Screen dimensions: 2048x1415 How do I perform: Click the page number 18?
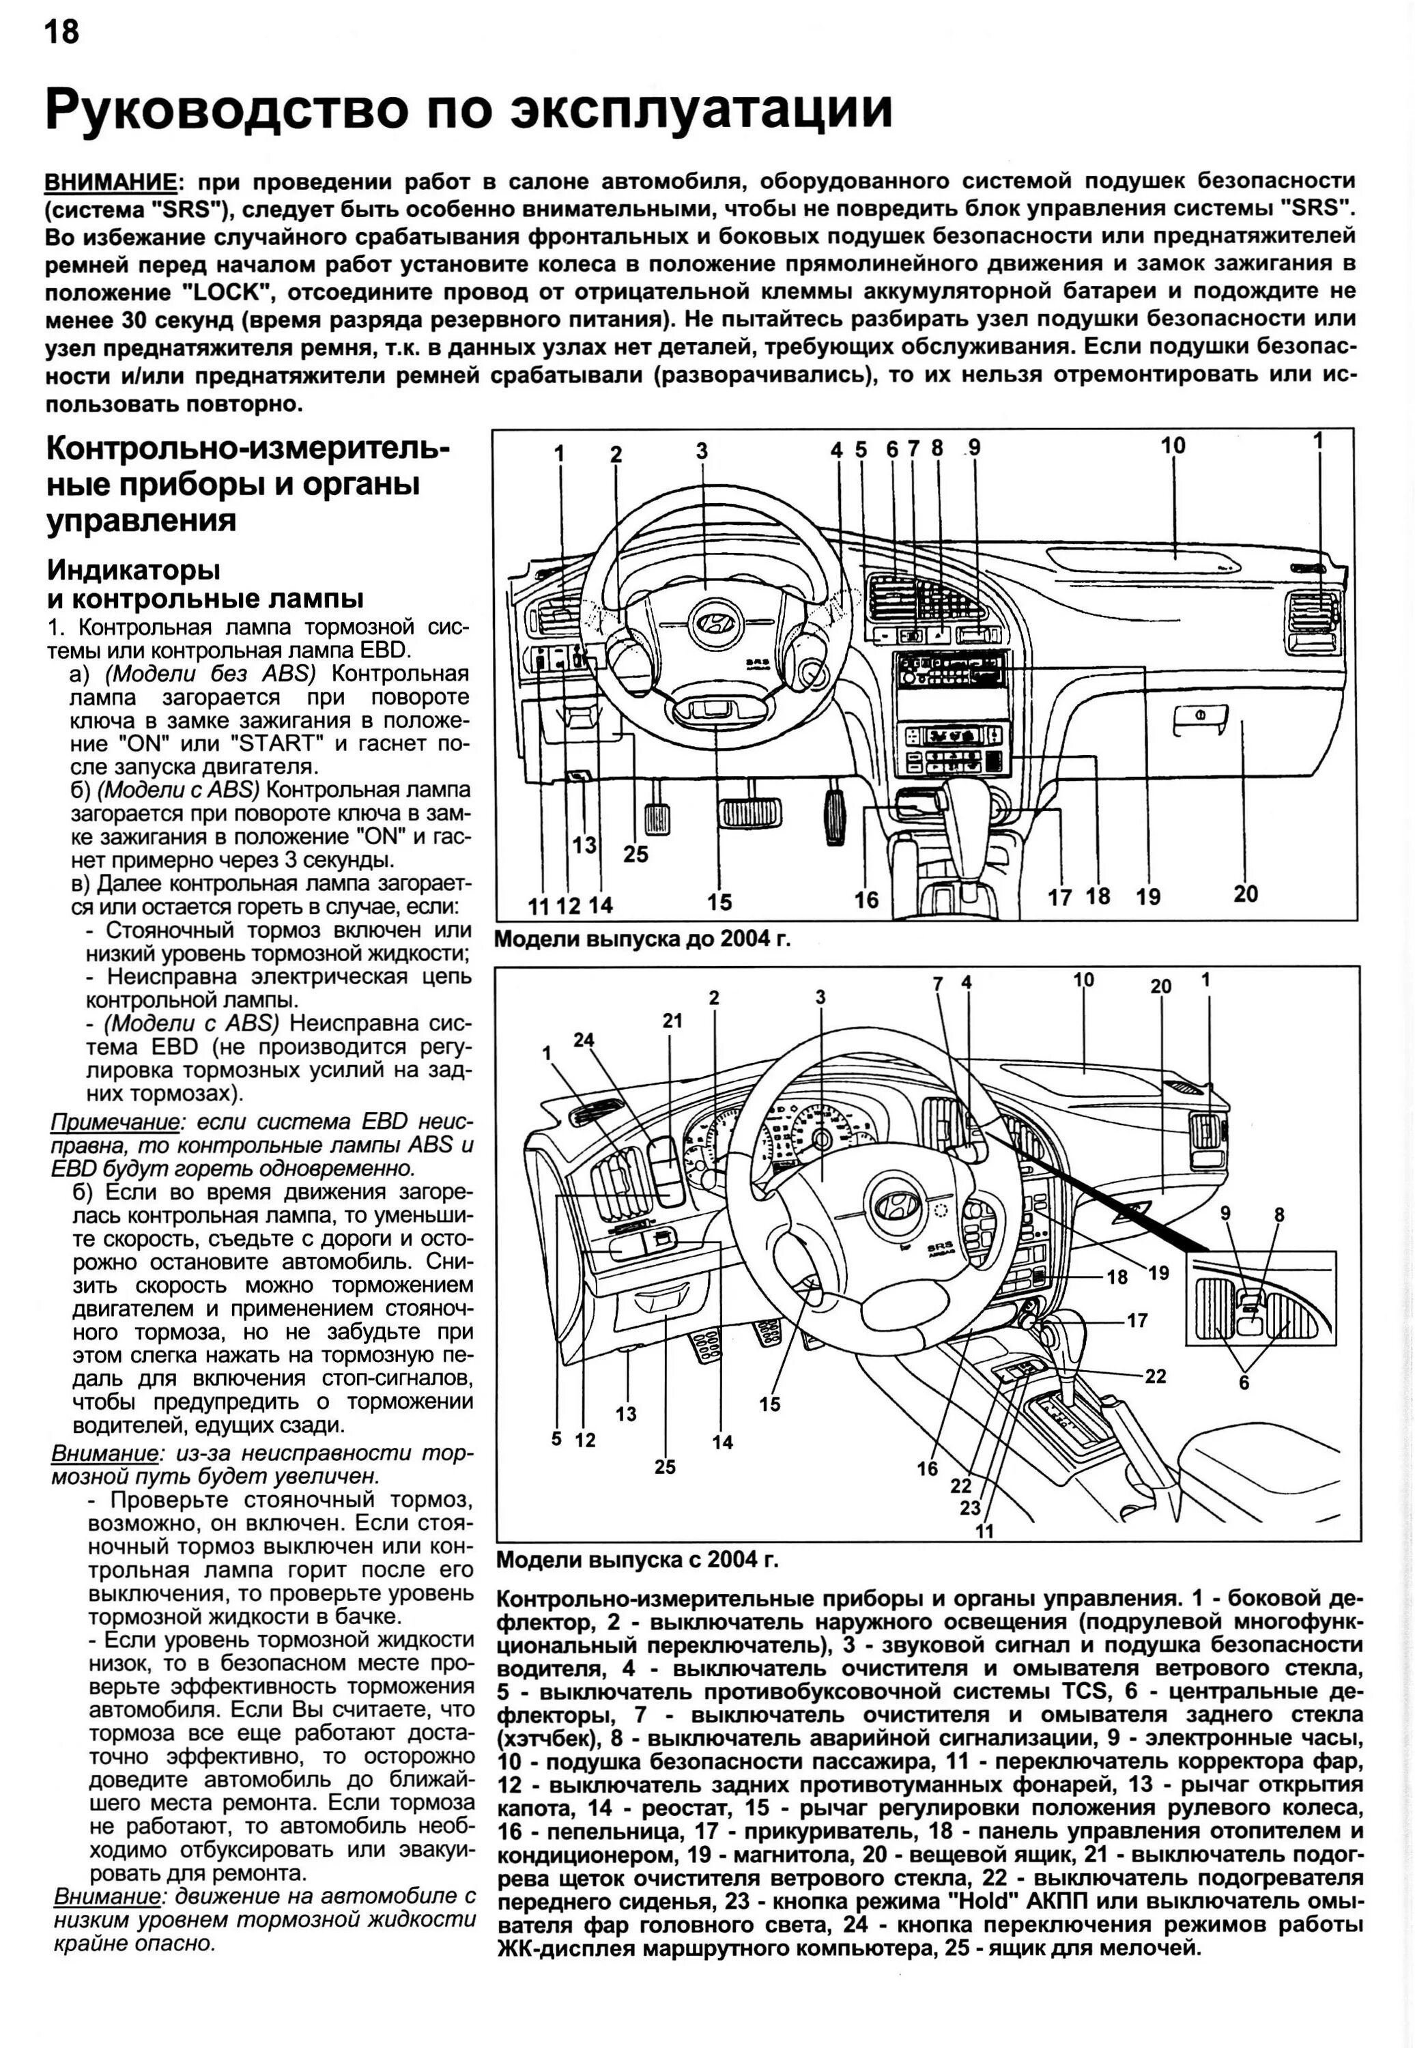(61, 32)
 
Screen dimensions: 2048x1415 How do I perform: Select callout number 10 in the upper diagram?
(1172, 446)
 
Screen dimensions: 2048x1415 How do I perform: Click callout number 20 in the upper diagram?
(1245, 894)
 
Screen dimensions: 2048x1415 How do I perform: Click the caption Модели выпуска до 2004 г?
(642, 939)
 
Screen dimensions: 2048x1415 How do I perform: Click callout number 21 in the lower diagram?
(673, 1021)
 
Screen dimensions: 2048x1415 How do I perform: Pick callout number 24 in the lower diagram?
(584, 1040)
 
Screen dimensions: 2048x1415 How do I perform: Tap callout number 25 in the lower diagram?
(665, 1467)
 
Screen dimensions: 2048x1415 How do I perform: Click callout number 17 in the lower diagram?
(1137, 1320)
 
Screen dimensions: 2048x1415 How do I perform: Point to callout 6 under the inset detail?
(1244, 1382)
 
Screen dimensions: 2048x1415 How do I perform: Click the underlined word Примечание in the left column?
(115, 1122)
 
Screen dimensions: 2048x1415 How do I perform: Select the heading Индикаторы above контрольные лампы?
(133, 569)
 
